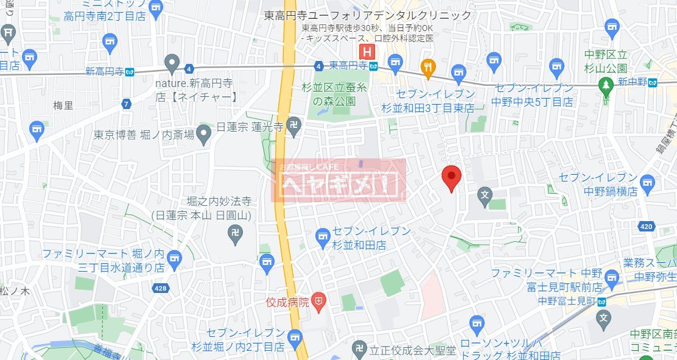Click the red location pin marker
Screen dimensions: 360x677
pyautogui.click(x=451, y=177)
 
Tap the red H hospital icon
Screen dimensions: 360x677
pyautogui.click(x=367, y=51)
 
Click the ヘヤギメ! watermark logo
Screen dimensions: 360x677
pyautogui.click(x=338, y=181)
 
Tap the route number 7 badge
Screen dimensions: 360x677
pyautogui.click(x=126, y=104)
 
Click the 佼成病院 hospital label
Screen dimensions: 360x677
pyautogui.click(x=288, y=301)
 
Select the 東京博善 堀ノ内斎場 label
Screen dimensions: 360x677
pyautogui.click(x=144, y=135)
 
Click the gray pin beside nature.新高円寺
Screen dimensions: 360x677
pyautogui.click(x=172, y=63)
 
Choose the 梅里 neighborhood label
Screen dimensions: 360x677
pyautogui.click(x=63, y=105)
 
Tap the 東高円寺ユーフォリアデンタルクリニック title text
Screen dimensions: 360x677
pyautogui.click(x=368, y=16)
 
